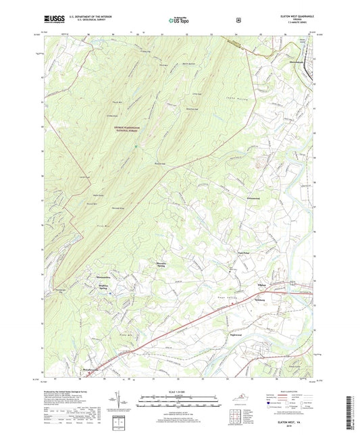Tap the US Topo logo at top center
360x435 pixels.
coord(179,21)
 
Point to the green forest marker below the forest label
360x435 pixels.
coord(136,145)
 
